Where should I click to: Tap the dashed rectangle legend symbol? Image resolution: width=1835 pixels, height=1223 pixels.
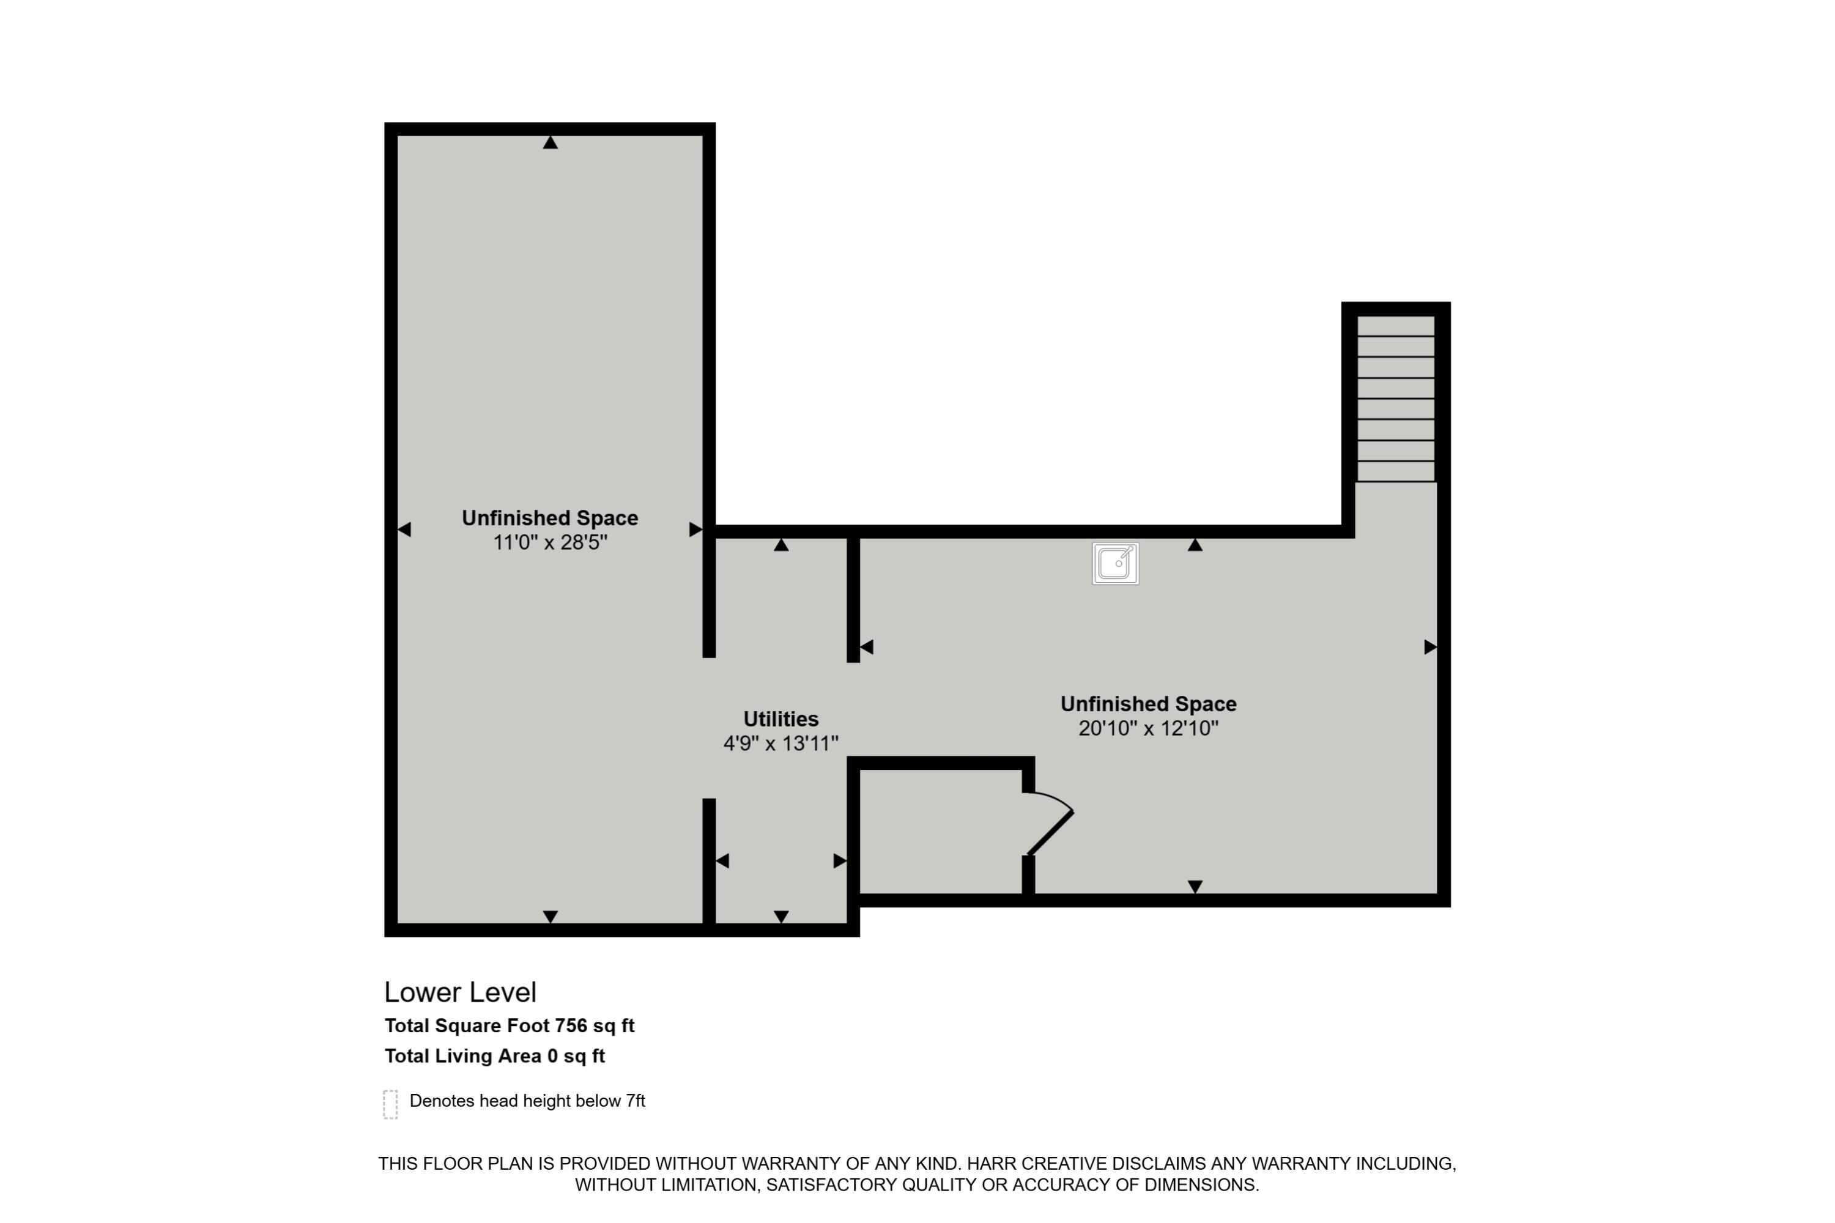coord(391,1104)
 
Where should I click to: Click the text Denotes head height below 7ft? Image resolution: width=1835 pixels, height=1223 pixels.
coord(527,1101)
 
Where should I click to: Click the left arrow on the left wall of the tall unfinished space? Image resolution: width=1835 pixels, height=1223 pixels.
coord(404,530)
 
